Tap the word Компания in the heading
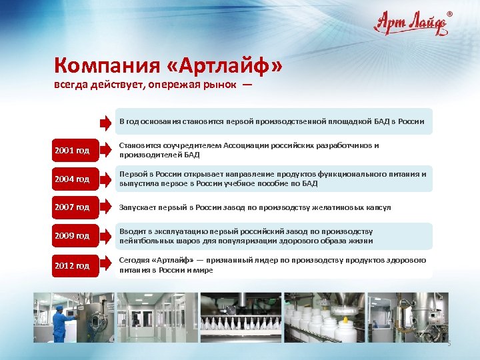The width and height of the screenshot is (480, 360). (108, 66)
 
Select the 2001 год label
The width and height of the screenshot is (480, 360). (71, 151)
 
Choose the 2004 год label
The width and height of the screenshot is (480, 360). (71, 179)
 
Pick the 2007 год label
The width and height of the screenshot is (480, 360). (71, 207)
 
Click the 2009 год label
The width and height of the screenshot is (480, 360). (71, 236)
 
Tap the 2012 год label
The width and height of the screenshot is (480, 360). (71, 265)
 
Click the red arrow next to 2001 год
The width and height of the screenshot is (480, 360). (105, 151)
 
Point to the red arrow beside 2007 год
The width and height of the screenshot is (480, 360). (105, 207)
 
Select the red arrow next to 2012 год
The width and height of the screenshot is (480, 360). (105, 265)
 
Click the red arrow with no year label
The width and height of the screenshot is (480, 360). (105, 122)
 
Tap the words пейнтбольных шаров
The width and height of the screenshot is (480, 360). (148, 241)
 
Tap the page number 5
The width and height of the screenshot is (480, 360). (449, 343)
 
